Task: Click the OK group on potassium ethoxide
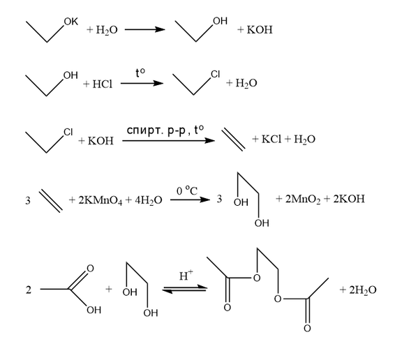(71, 22)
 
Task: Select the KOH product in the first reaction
(260, 29)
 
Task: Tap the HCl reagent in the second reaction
(103, 84)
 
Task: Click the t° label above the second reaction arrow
(140, 73)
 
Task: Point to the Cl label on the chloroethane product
(216, 74)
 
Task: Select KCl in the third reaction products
(271, 139)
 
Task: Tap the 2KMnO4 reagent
(100, 200)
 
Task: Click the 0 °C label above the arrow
(187, 190)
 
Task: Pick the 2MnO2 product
(303, 200)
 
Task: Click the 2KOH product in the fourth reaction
(349, 199)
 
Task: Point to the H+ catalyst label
(186, 276)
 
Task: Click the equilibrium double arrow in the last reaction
(184, 289)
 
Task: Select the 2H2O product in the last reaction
(363, 290)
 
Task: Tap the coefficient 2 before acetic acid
(29, 290)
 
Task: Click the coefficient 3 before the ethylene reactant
(28, 200)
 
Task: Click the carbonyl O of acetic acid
(91, 269)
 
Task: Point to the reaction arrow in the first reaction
(145, 29)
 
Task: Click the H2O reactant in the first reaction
(107, 30)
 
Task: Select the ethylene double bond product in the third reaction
(234, 140)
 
